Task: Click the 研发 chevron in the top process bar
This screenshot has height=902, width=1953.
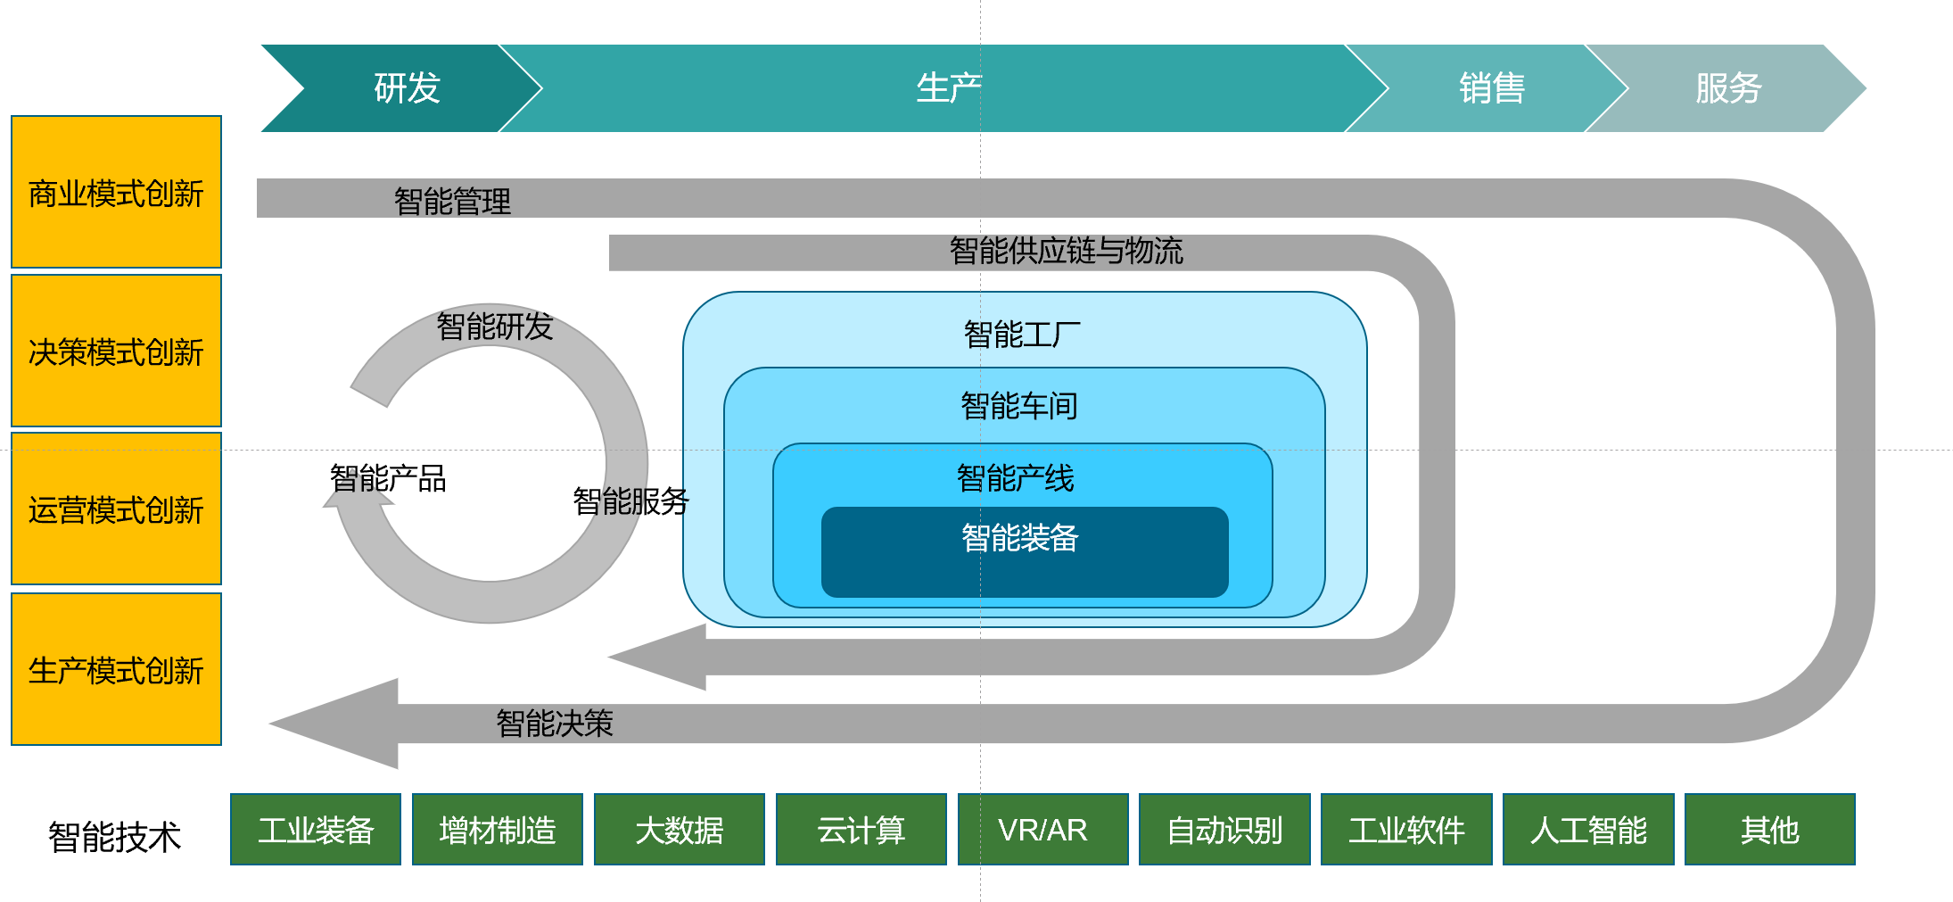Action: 407,88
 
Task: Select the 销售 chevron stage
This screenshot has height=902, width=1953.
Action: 1491,88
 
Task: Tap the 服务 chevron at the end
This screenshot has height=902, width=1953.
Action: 1727,88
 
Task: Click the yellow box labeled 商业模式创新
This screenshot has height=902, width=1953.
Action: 116,192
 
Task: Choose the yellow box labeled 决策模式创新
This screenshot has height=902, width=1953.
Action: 116,351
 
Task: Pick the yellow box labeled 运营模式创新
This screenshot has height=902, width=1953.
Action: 116,509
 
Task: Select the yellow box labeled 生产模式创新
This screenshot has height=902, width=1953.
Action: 116,669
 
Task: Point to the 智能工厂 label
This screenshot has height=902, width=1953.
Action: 1022,335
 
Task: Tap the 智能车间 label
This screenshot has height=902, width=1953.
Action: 1019,406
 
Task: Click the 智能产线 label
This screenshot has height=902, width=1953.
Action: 1016,478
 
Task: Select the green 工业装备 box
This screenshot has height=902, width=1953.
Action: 316,830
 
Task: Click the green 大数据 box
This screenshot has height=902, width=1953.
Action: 680,830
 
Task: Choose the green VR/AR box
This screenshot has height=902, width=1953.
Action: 1042,830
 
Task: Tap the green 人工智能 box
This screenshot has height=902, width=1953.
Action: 1588,830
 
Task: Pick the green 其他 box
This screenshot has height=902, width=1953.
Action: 1770,830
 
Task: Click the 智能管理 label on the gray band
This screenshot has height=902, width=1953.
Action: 452,201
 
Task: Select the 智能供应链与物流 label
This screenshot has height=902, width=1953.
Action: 1066,251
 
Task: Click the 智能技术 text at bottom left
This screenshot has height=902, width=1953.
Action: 114,837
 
